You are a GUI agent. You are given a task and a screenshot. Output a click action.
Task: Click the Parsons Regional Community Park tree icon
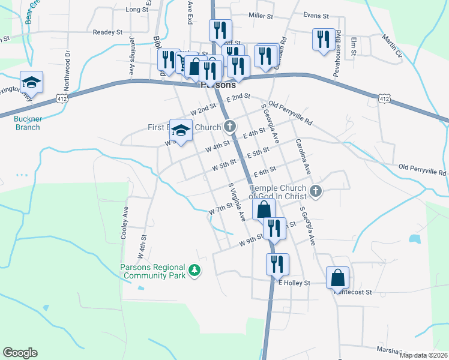click(194, 271)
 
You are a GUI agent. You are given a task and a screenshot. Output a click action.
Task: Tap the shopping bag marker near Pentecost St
click(337, 278)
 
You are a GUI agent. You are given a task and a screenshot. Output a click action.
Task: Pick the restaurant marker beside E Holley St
click(278, 264)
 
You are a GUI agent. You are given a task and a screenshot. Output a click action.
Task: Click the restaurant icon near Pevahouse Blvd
click(324, 40)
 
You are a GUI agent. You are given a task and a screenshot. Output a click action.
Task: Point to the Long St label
click(137, 10)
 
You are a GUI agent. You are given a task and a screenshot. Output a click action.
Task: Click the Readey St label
click(108, 32)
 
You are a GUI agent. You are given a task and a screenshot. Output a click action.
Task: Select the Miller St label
click(261, 16)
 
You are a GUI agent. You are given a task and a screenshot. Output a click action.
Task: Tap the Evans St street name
click(316, 16)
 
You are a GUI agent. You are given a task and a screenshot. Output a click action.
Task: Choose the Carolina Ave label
click(303, 157)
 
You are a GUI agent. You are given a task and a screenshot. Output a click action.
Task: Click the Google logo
click(20, 353)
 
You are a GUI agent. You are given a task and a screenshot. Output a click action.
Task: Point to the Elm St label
click(354, 47)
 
